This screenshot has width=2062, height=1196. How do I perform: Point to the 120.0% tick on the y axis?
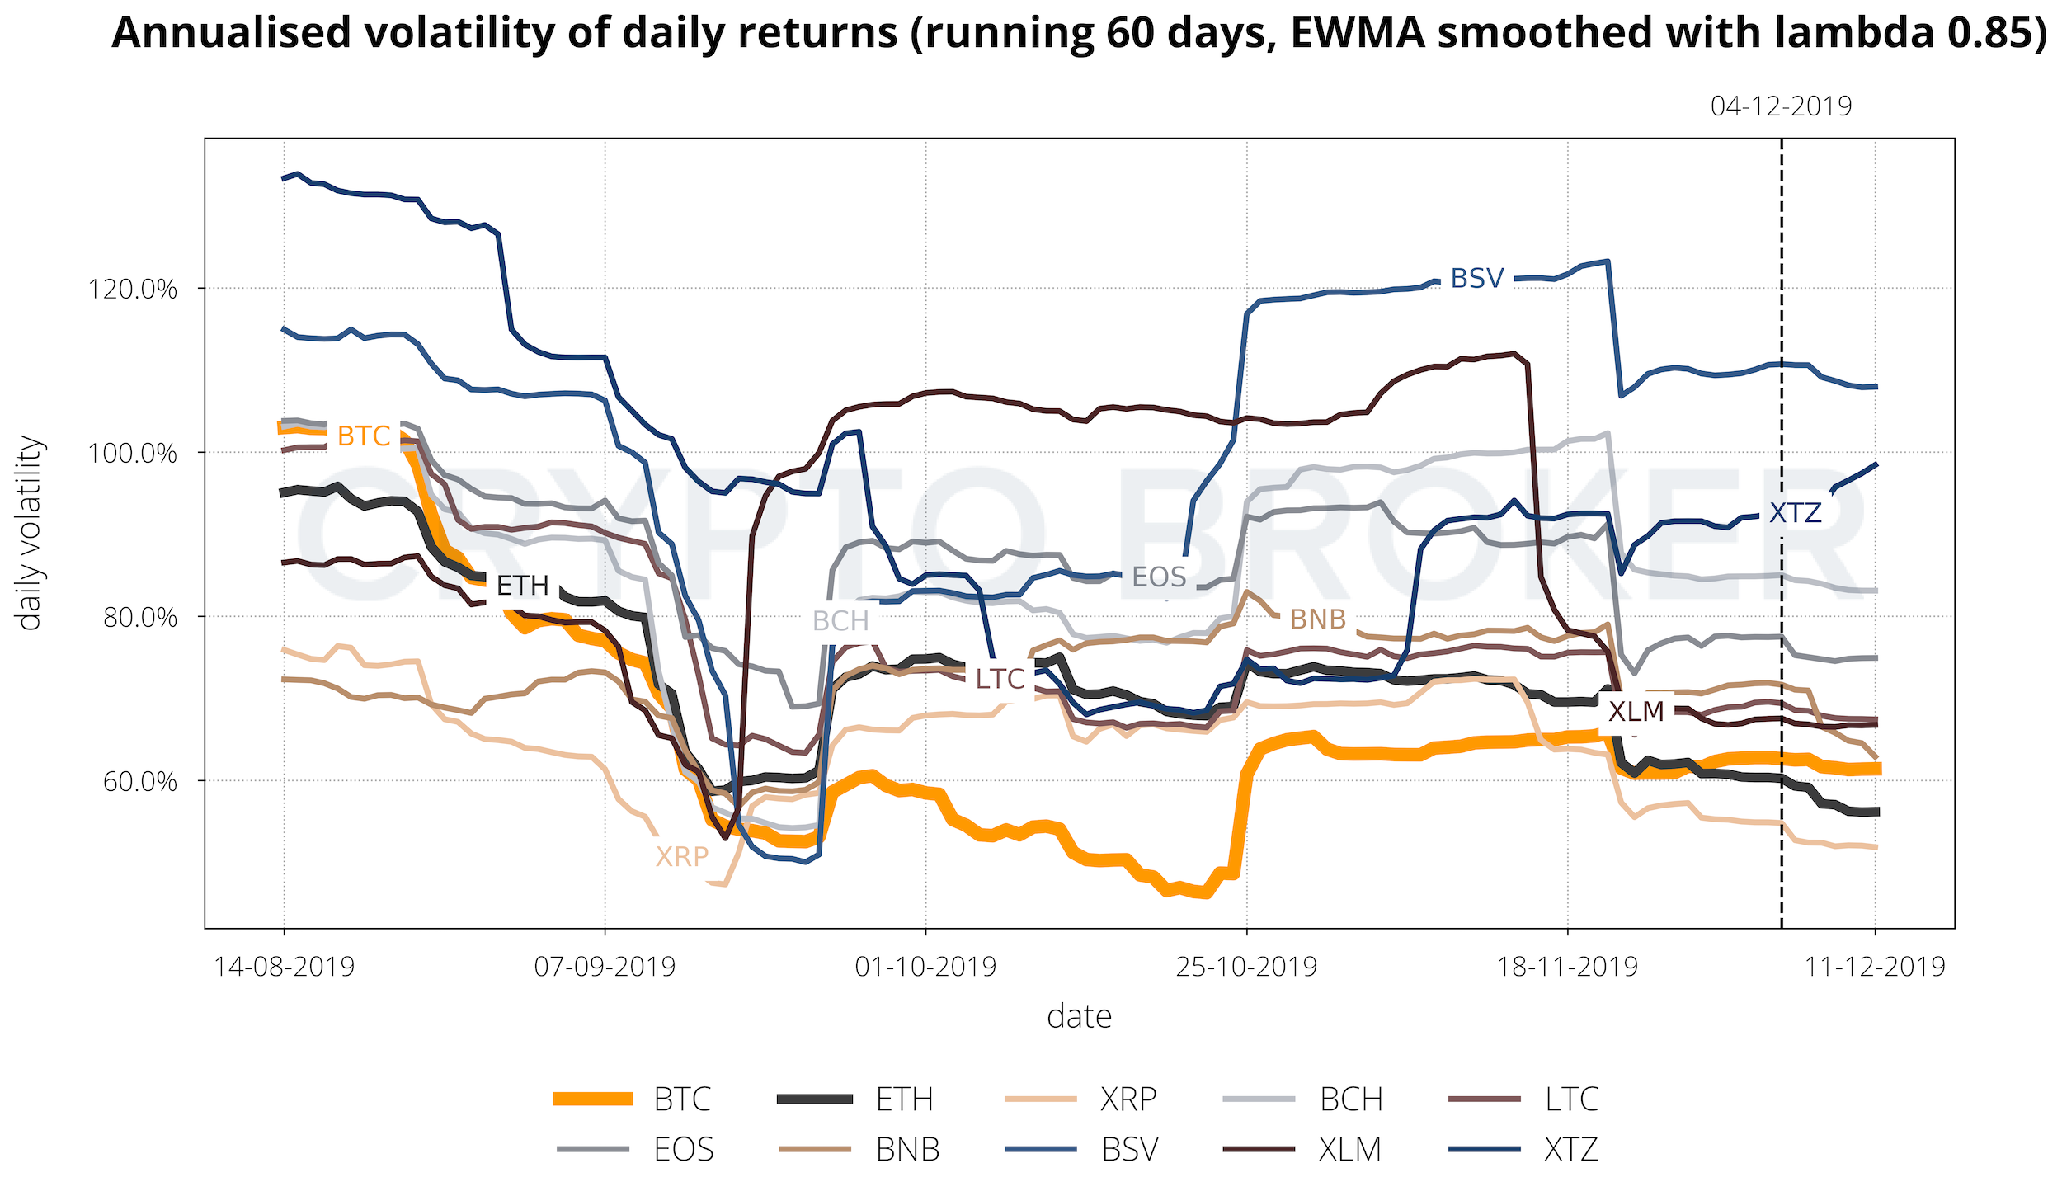[132, 290]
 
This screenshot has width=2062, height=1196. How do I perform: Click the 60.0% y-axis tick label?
[139, 782]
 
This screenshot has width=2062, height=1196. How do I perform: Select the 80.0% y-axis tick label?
[139, 618]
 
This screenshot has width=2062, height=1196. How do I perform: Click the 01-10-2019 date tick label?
[925, 966]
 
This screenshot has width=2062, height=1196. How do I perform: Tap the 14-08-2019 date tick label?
[284, 966]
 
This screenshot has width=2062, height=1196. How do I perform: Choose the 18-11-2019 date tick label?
[1567, 966]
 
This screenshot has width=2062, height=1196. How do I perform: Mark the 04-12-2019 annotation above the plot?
[1781, 106]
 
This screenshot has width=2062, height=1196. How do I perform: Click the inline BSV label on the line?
[1477, 279]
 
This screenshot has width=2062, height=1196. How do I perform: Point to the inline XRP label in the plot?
[682, 857]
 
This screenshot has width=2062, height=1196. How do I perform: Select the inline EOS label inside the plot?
[1159, 577]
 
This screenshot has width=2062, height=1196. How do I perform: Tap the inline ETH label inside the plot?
[523, 586]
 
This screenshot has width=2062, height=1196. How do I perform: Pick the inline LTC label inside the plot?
[1000, 679]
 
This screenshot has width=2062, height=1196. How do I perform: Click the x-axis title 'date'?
[1079, 1017]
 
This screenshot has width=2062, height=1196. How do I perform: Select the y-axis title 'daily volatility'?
[30, 534]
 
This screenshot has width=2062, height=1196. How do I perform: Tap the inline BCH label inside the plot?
[840, 621]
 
